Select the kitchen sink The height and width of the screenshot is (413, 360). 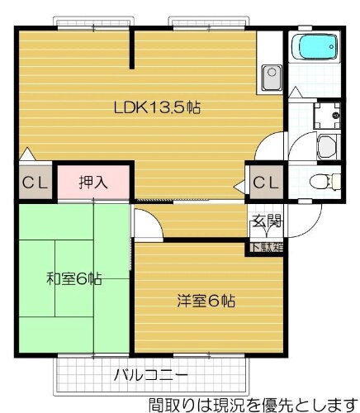coord(270,80)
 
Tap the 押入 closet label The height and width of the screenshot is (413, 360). coord(92,182)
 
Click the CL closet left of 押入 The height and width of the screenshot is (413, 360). coord(33,182)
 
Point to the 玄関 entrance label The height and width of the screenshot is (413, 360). coord(266,221)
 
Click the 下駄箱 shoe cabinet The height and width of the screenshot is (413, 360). coord(266,245)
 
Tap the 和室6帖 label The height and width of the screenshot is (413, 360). coord(74,279)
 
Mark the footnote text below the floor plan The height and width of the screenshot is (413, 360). coord(253,404)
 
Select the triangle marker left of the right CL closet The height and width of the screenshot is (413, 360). coord(241,187)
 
